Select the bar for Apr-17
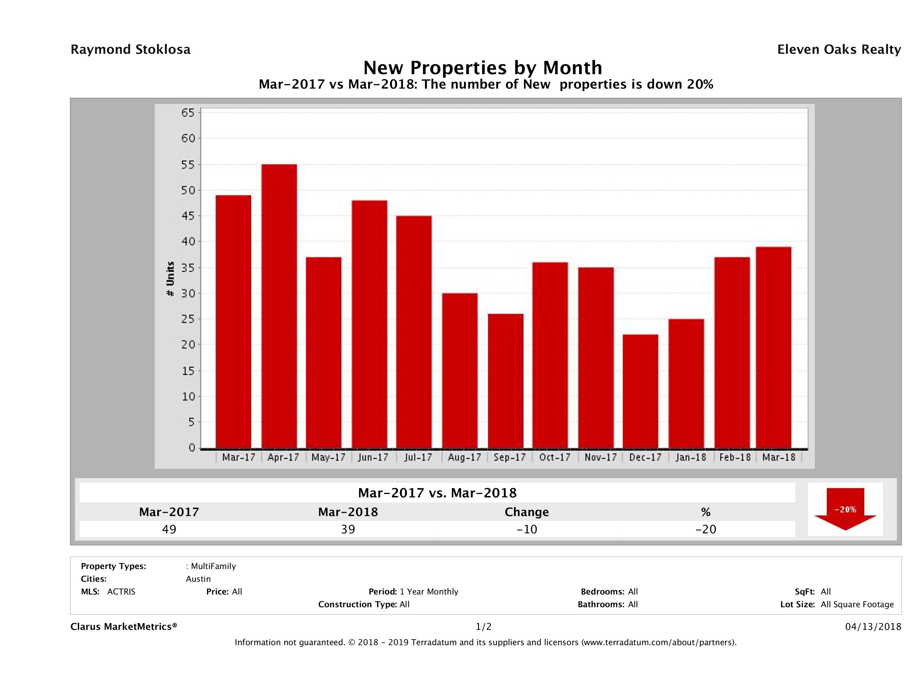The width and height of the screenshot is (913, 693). point(279,306)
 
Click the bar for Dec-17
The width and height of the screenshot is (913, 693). point(641,391)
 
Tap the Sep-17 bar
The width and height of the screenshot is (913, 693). point(506,381)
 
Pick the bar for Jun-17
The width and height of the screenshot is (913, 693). point(370,324)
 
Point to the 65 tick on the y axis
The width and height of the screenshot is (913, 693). point(188,113)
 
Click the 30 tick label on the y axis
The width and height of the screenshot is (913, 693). point(188,293)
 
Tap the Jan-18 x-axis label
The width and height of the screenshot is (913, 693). point(691,457)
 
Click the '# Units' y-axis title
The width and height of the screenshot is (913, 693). point(170,279)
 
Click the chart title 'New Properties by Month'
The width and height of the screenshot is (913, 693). point(482,67)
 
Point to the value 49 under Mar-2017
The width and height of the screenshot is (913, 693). point(169,529)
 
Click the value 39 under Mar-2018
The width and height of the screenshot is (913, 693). point(348,529)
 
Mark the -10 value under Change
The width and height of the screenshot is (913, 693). point(527,529)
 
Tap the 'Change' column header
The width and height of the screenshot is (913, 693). point(527,512)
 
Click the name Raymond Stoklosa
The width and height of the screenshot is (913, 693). point(130,50)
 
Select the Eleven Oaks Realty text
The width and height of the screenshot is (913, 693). point(839,50)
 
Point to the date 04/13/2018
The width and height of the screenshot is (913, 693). point(873,626)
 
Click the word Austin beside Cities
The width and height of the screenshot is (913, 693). point(198,579)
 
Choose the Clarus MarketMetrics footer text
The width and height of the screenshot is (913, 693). point(124,626)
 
